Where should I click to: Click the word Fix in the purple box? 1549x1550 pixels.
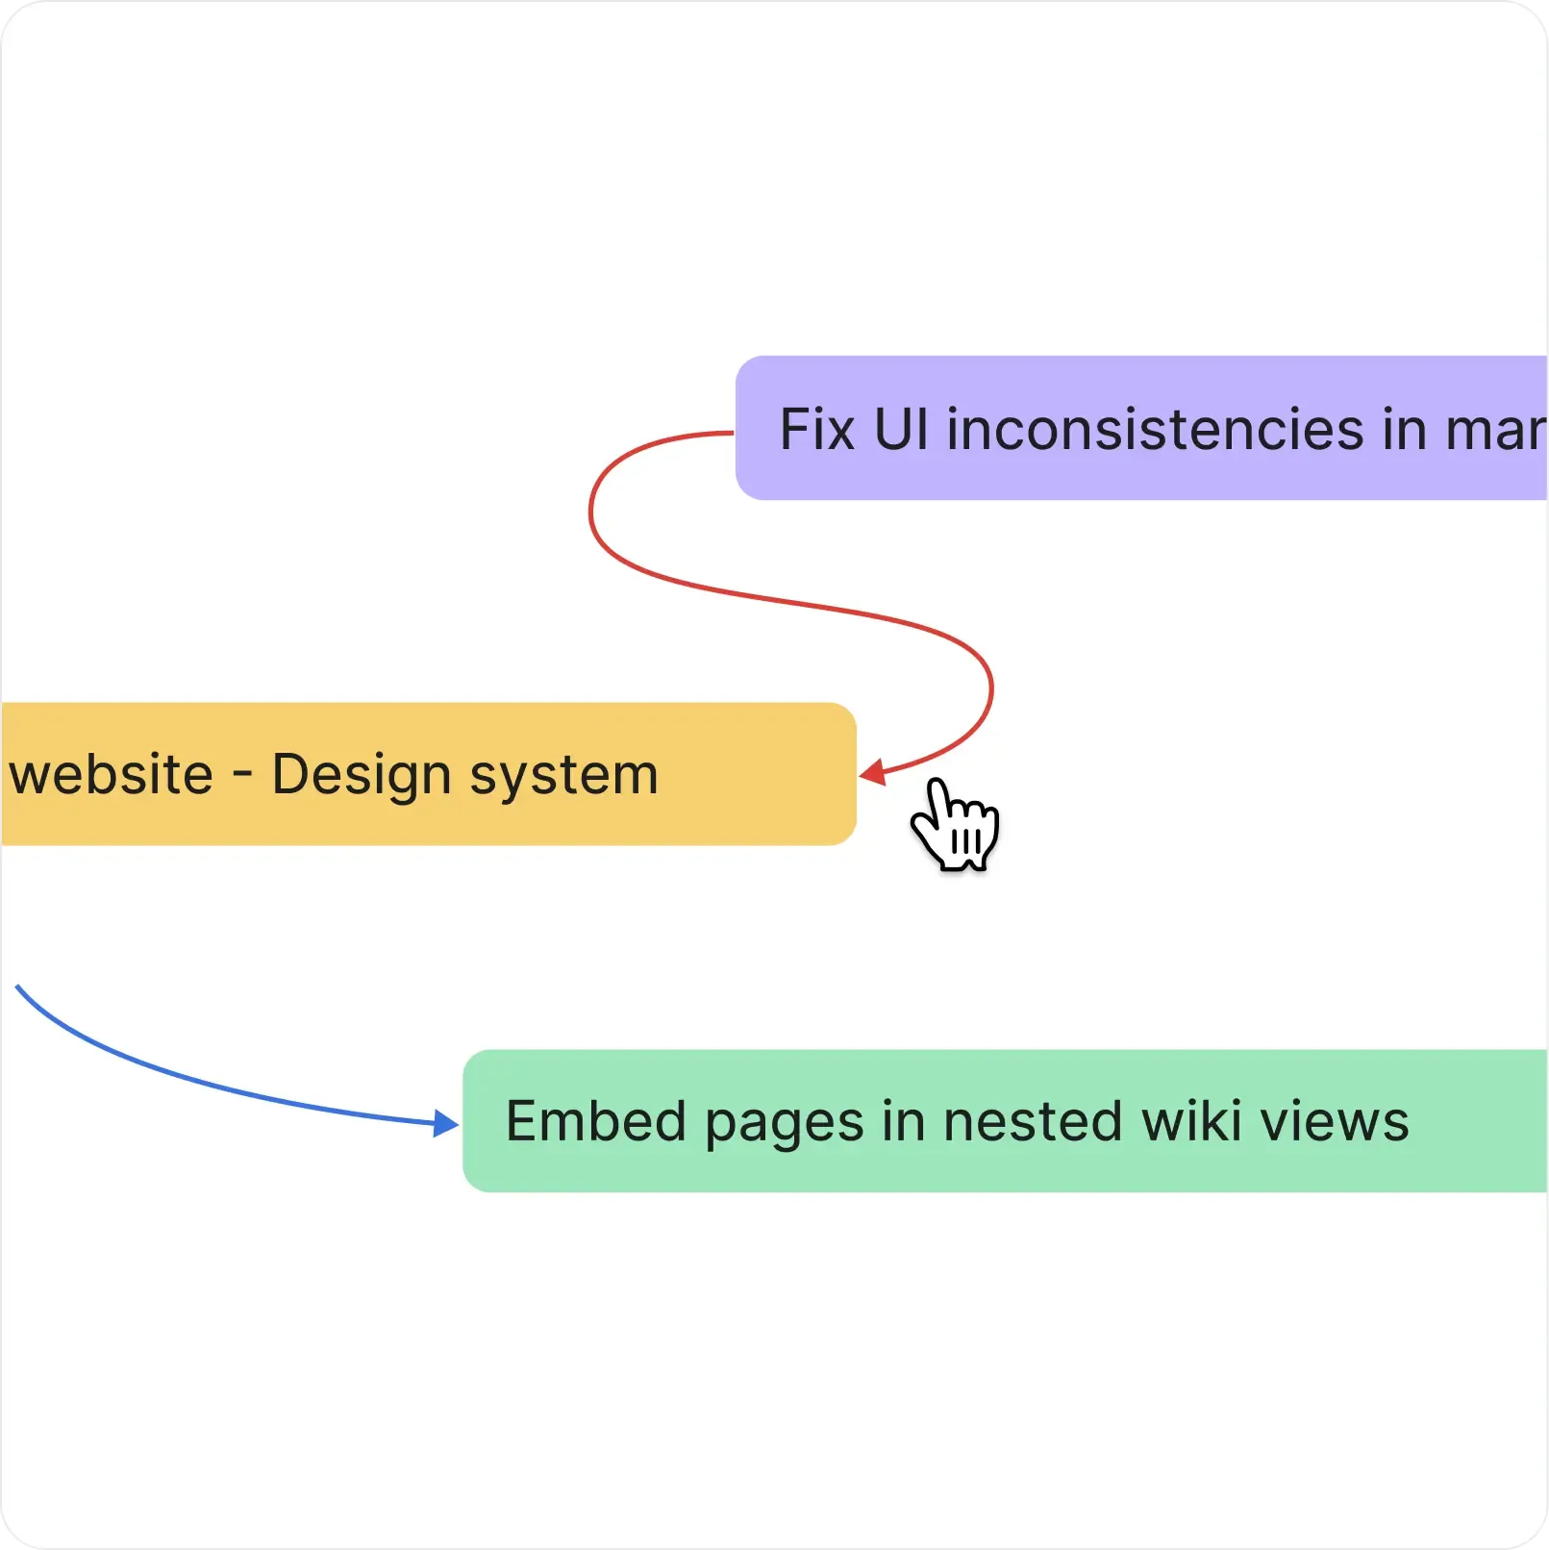tap(816, 429)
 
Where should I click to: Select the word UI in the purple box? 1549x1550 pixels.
tap(901, 429)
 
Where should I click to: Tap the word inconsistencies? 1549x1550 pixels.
tap(1155, 429)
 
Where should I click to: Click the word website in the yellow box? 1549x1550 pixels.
tap(111, 775)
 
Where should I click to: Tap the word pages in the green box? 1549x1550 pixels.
tap(785, 1123)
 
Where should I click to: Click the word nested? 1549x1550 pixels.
tap(1033, 1121)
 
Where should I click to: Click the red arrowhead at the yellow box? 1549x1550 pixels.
tap(872, 772)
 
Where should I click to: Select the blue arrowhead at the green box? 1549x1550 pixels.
tap(445, 1122)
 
